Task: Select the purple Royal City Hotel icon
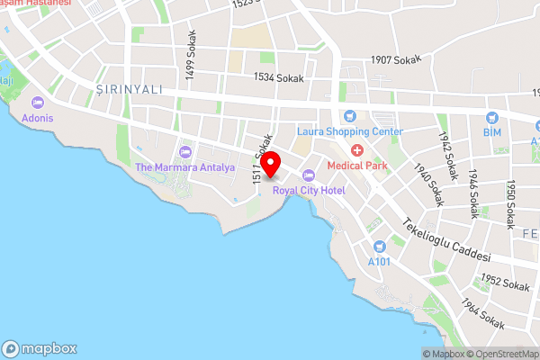[308, 175]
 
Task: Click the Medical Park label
[356, 165]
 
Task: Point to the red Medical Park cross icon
[357, 149]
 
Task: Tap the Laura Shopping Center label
[350, 131]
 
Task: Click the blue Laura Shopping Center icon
[350, 115]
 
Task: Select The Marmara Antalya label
[184, 167]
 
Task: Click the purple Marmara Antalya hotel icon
[185, 151]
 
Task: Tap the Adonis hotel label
[39, 118]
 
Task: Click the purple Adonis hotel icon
[38, 102]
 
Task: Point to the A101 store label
[380, 262]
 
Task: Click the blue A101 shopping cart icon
[380, 246]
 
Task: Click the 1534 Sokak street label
[279, 78]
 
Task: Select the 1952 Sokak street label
[505, 283]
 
